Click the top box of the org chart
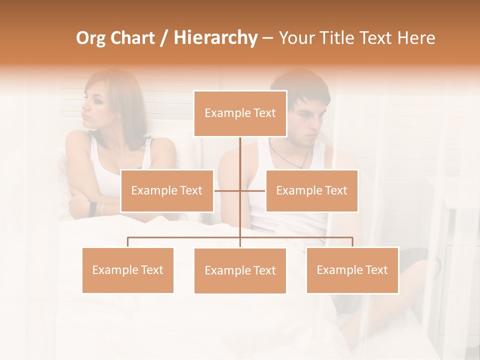tap(240, 113)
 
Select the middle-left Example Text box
tap(167, 190)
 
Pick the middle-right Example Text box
tap(311, 190)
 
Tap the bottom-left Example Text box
tap(127, 270)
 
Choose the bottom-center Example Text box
tap(240, 270)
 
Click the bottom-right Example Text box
tap(352, 270)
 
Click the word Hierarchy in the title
tap(215, 38)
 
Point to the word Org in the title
tap(90, 38)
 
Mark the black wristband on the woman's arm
tap(93, 208)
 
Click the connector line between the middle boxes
tap(240, 190)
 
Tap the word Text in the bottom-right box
tap(375, 270)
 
